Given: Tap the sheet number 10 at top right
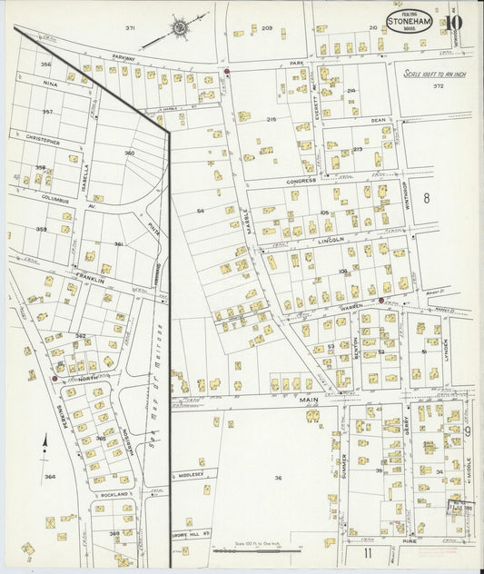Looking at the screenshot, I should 453,22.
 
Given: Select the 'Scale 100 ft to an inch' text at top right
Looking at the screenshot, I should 435,74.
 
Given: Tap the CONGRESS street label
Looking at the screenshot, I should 301,181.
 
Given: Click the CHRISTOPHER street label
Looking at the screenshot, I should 42,142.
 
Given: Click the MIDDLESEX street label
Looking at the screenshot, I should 192,474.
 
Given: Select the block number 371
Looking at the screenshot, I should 130,28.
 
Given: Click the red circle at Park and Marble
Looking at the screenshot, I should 226,72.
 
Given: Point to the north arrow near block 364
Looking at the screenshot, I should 45,446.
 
